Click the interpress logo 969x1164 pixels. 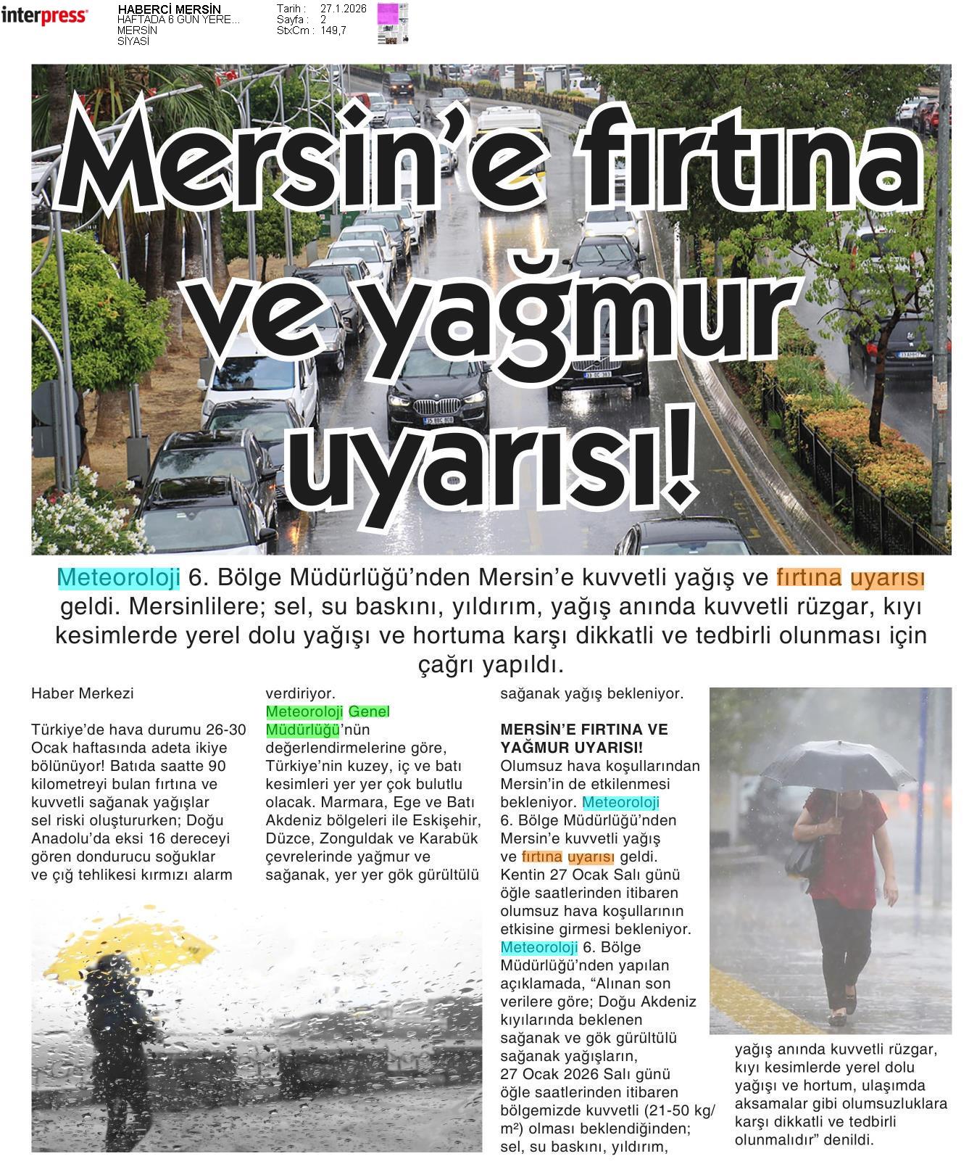(44, 16)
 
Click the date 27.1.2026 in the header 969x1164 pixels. (343, 9)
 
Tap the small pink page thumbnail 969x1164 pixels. (392, 23)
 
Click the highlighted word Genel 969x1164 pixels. (369, 711)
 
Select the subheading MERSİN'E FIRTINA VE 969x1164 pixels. (584, 730)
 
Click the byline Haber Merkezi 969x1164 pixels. (83, 693)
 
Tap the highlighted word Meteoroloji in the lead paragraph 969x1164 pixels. (119, 577)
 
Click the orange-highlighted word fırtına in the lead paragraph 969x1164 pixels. (809, 577)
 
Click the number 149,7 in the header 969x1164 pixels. (333, 30)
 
